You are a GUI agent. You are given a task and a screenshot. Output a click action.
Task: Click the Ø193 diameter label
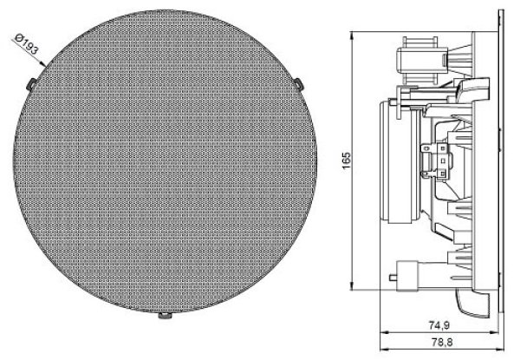pos(27,44)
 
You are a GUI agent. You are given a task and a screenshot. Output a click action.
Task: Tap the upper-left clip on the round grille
pos(31,84)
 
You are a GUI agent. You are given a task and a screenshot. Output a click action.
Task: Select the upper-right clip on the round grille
pos(299,83)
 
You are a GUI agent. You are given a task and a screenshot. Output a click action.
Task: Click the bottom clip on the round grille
pos(165,315)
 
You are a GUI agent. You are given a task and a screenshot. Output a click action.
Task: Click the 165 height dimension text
pos(346,160)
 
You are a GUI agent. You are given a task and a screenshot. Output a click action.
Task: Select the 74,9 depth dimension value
pos(439,325)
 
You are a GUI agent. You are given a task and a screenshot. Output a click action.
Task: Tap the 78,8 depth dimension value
pos(442,342)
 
